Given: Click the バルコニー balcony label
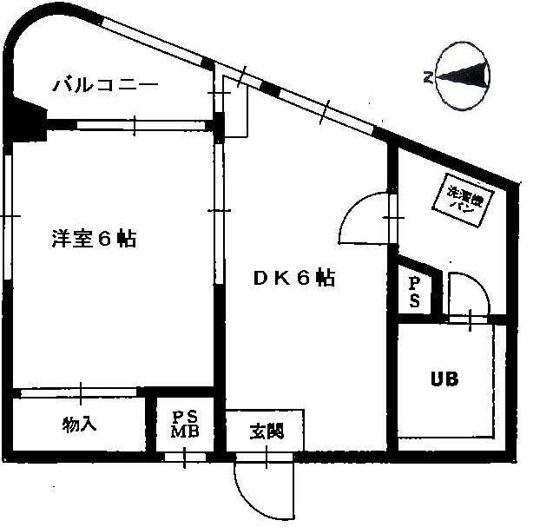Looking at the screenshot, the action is coord(105,85).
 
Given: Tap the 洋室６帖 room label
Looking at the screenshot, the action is coord(93,239).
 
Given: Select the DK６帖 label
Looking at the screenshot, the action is coord(294,278).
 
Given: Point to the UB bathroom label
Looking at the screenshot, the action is coord(444,379).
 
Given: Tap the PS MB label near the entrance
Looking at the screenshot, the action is coord(185,424).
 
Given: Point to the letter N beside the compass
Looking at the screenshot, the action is coord(428,78).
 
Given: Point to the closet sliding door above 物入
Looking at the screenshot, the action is coord(81,392).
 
